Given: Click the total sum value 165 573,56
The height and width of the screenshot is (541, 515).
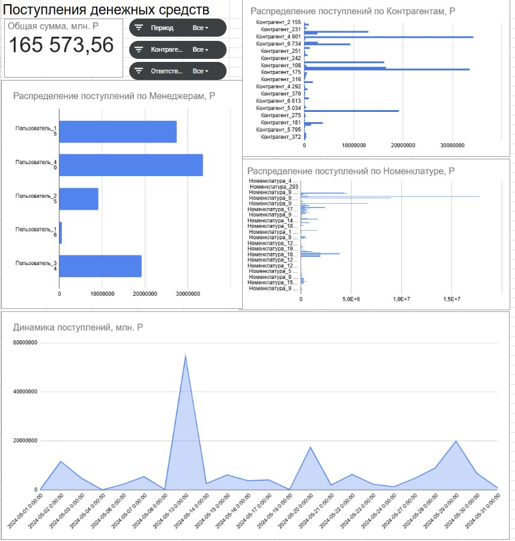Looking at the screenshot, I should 61,45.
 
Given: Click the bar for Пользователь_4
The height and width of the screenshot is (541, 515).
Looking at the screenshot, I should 131,165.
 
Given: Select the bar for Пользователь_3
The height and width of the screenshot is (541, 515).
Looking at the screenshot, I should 100,266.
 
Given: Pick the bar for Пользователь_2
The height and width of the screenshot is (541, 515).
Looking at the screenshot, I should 79,198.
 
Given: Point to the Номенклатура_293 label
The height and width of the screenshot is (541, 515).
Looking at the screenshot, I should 274,187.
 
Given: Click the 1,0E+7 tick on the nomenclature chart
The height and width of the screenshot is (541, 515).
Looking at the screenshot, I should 401,299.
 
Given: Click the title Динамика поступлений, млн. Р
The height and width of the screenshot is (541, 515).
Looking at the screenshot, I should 78,327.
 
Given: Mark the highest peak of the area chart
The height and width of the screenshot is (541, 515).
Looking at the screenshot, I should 186,355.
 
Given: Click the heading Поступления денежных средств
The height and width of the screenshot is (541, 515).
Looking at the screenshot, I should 106,10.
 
